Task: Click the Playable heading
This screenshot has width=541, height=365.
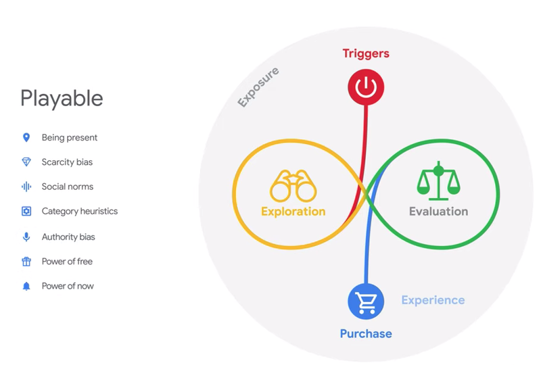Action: pyautogui.click(x=62, y=99)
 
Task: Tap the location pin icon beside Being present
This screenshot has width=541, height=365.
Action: pyautogui.click(x=26, y=138)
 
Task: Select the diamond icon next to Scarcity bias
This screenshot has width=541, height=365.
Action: pyautogui.click(x=26, y=162)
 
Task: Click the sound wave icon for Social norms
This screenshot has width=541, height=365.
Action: pyautogui.click(x=26, y=187)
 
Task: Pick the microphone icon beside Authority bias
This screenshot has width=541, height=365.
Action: pyautogui.click(x=26, y=237)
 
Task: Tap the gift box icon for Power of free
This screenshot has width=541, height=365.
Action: pyautogui.click(x=26, y=262)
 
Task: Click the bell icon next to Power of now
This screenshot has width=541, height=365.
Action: pyautogui.click(x=26, y=286)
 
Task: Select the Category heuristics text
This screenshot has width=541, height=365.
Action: pyautogui.click(x=80, y=211)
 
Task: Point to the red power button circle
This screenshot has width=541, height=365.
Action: pyautogui.click(x=366, y=87)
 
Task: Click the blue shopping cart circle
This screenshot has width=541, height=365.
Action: pyautogui.click(x=366, y=301)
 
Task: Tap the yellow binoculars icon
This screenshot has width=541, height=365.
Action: pyautogui.click(x=293, y=186)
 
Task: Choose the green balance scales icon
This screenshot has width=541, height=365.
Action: pyautogui.click(x=438, y=180)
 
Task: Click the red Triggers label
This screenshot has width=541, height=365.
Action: pyautogui.click(x=366, y=53)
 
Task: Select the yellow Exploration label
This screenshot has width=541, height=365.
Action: pyautogui.click(x=293, y=211)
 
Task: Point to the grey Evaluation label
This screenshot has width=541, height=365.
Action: pyautogui.click(x=438, y=211)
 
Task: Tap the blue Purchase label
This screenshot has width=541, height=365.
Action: pyautogui.click(x=366, y=334)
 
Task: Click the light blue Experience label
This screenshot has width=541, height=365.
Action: pyautogui.click(x=433, y=300)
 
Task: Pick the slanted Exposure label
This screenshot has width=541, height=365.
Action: pyautogui.click(x=258, y=87)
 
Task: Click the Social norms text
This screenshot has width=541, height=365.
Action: pyautogui.click(x=68, y=187)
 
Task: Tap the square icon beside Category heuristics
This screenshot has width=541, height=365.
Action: pyautogui.click(x=26, y=211)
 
